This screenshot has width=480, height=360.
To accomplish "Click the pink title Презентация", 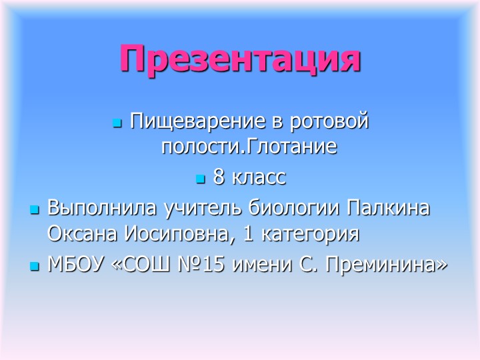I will (240, 59).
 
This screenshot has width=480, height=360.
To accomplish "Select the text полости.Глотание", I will (248, 147).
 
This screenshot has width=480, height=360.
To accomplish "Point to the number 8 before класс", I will (219, 178).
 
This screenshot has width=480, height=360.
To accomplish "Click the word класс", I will (257, 178).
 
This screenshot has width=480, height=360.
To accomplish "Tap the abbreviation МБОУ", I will (74, 265).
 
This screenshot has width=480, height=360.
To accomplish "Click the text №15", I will (211, 265).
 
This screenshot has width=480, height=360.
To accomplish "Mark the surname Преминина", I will (386, 265).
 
